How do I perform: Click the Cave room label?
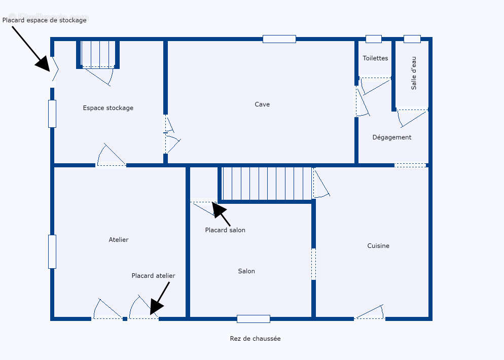coord(262,104)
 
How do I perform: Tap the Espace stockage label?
coord(108,108)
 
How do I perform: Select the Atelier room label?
coord(119,240)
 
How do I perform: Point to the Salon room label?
coord(246,271)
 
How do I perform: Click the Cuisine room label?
coord(378,246)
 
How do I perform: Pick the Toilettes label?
coord(375,58)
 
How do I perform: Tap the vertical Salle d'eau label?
coord(414,73)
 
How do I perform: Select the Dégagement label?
coord(391,137)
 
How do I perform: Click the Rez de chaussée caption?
coord(255,339)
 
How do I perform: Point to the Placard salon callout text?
coord(225,230)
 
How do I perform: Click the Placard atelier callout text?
coord(153,276)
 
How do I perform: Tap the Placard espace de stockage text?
coord(45,20)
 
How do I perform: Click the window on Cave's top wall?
coord(279,39)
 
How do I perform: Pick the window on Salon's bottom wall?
coord(253,319)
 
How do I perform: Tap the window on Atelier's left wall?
coord(52,251)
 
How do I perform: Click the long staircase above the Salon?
coord(267,184)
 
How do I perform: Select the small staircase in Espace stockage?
coord(98,54)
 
